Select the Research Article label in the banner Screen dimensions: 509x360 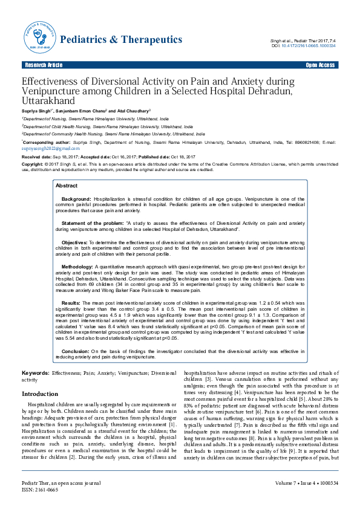pyautogui.click(x=43, y=65)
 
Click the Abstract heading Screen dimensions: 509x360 pyautogui.click(x=67, y=185)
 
